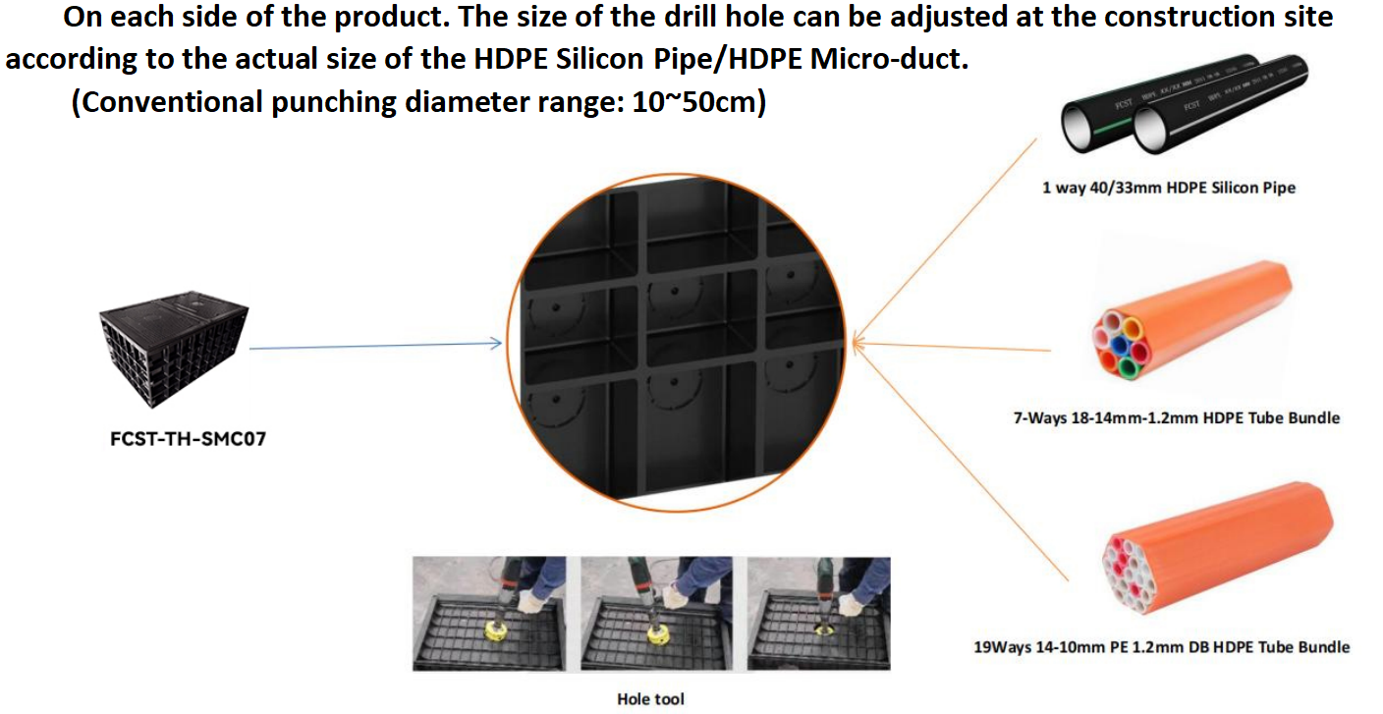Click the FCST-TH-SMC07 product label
point(188,439)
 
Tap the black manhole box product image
point(174,349)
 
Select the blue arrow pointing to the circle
point(375,346)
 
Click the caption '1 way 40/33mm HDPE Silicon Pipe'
point(1169,188)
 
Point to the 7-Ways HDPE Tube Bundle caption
point(1177,417)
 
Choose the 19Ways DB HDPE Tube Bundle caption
point(1161,647)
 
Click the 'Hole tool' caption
point(651,699)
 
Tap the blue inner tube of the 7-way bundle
point(1120,345)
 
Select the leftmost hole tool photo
point(489,614)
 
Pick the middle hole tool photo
point(656,614)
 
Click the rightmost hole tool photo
point(818,614)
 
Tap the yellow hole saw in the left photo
point(496,631)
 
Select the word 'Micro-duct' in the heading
point(889,59)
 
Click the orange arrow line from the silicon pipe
point(944,242)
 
